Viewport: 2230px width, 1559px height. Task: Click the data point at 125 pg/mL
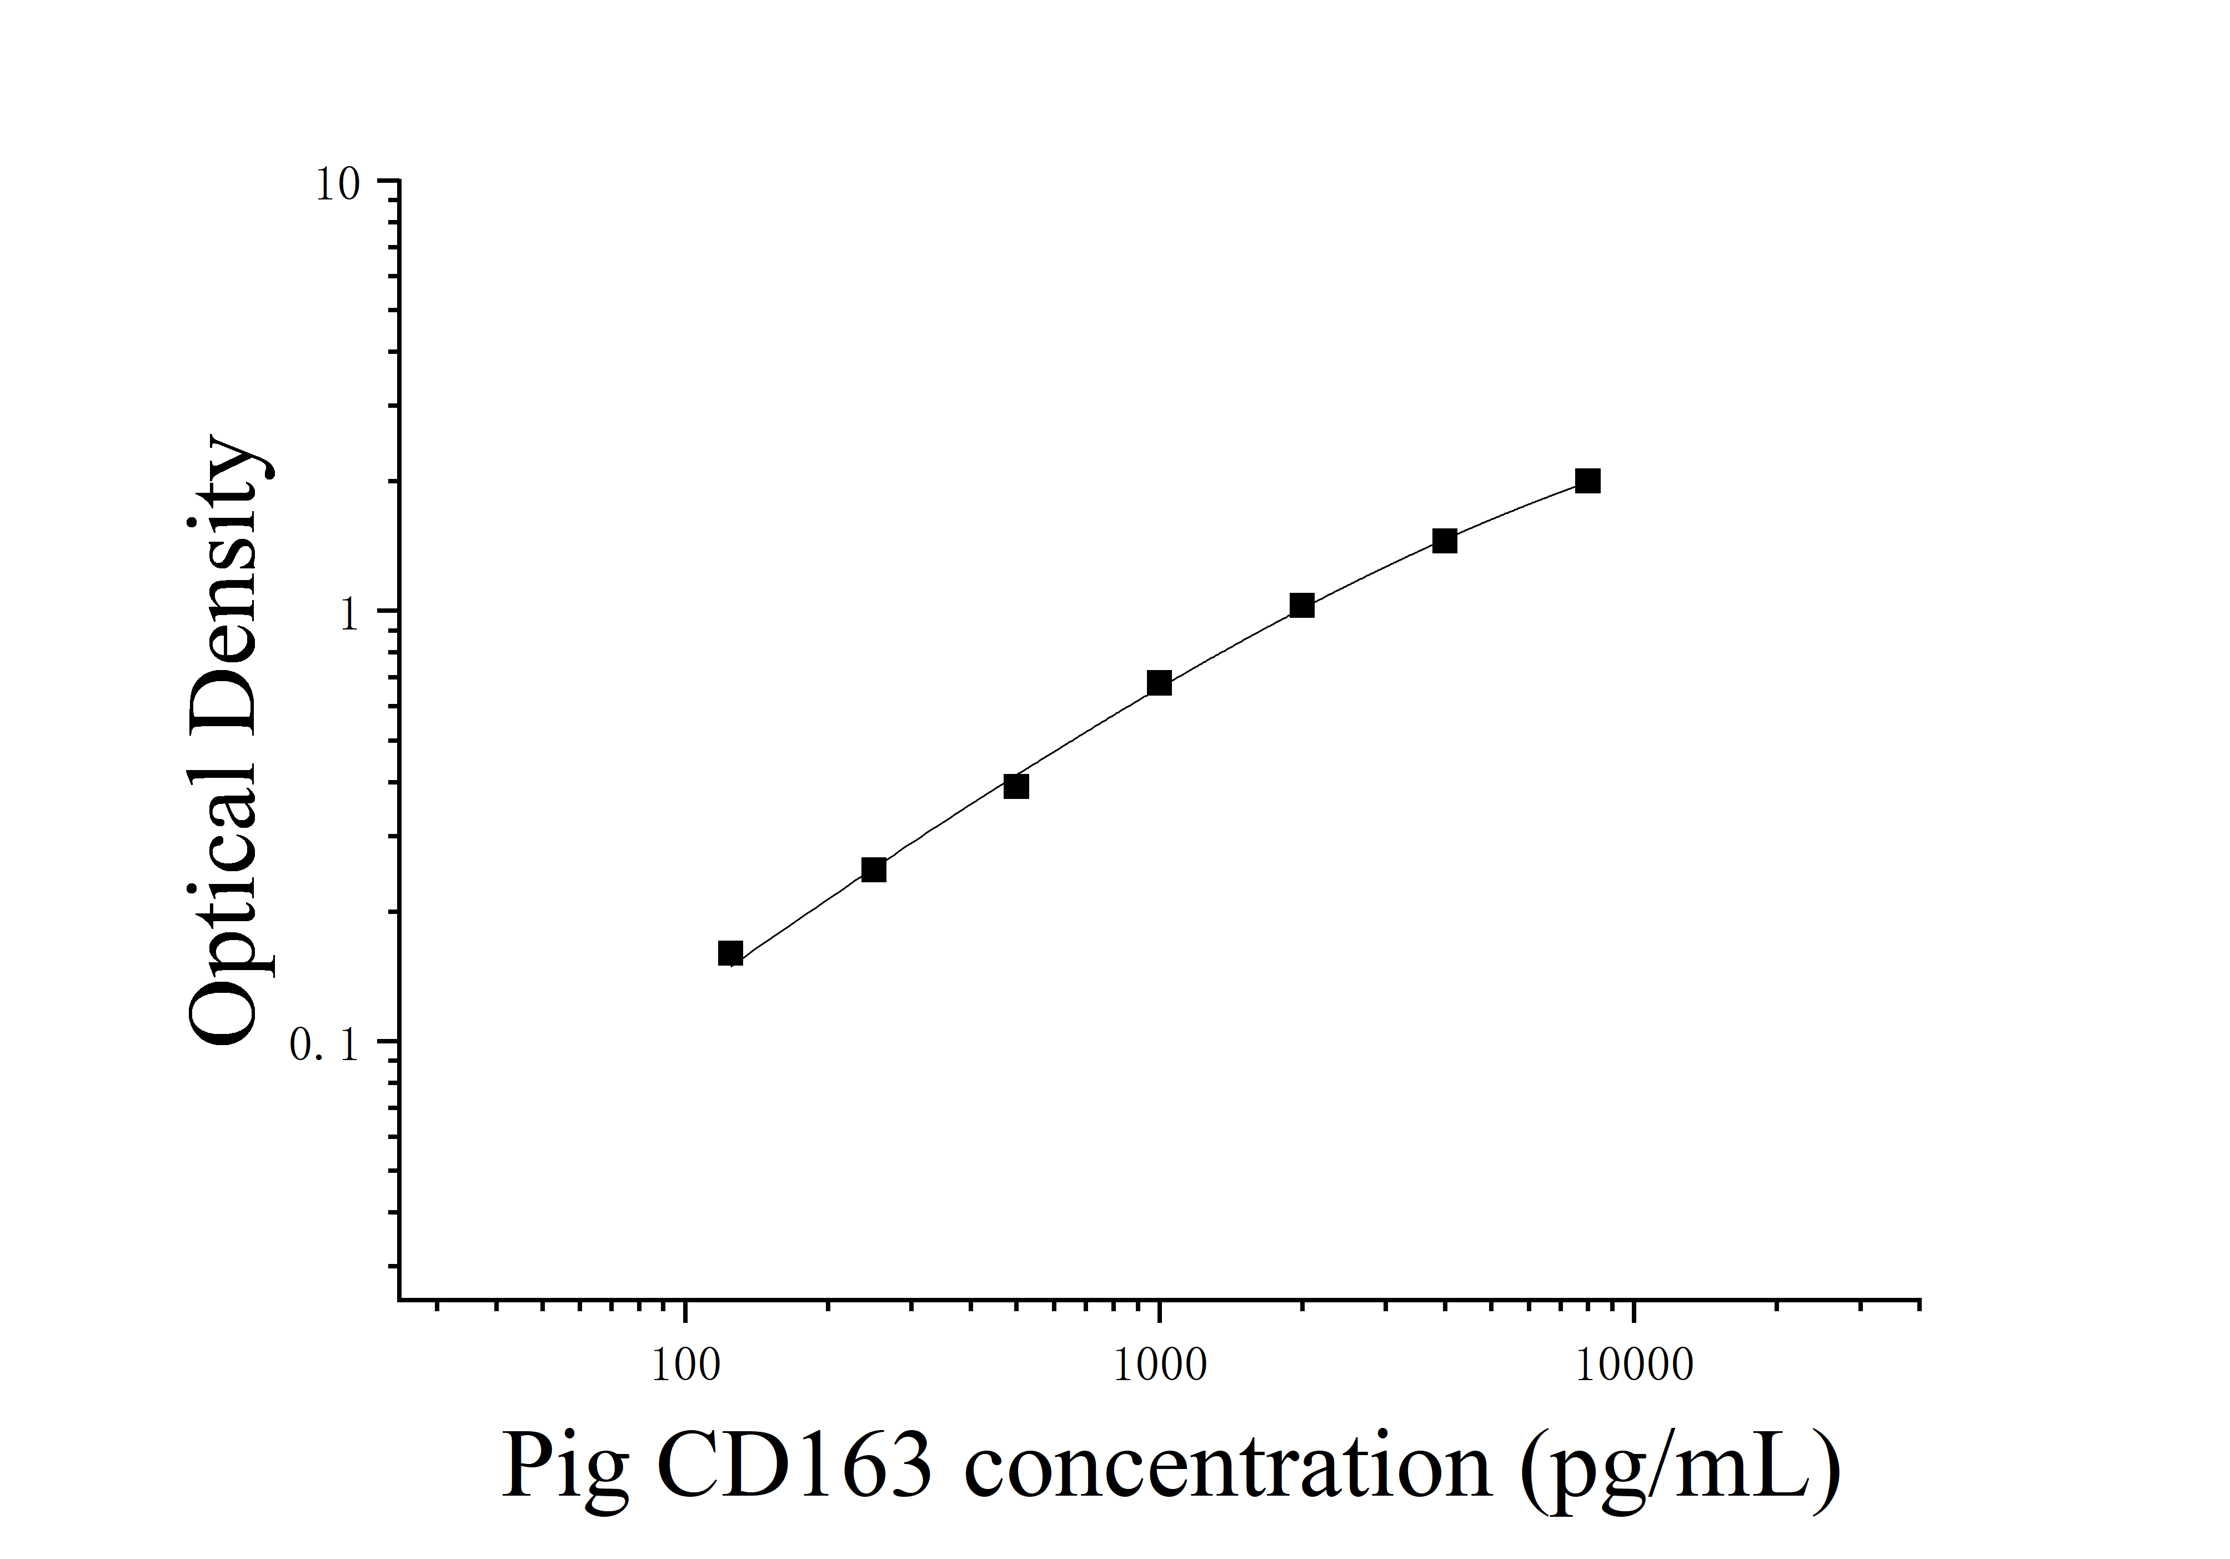point(730,953)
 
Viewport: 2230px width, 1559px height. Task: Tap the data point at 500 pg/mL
point(1016,786)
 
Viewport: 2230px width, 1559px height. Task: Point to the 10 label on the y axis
point(337,184)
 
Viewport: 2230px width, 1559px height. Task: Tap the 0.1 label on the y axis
point(324,1045)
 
